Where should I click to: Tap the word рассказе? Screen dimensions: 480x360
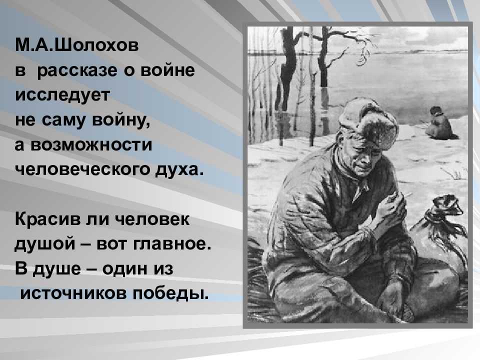(77, 71)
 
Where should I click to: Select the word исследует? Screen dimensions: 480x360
(62, 95)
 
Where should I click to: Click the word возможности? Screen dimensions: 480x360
(91, 144)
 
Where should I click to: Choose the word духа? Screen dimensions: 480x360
(179, 169)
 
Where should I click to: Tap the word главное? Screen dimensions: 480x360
(172, 244)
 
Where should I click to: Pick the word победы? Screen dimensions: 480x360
(171, 293)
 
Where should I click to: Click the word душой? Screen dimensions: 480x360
(45, 244)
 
